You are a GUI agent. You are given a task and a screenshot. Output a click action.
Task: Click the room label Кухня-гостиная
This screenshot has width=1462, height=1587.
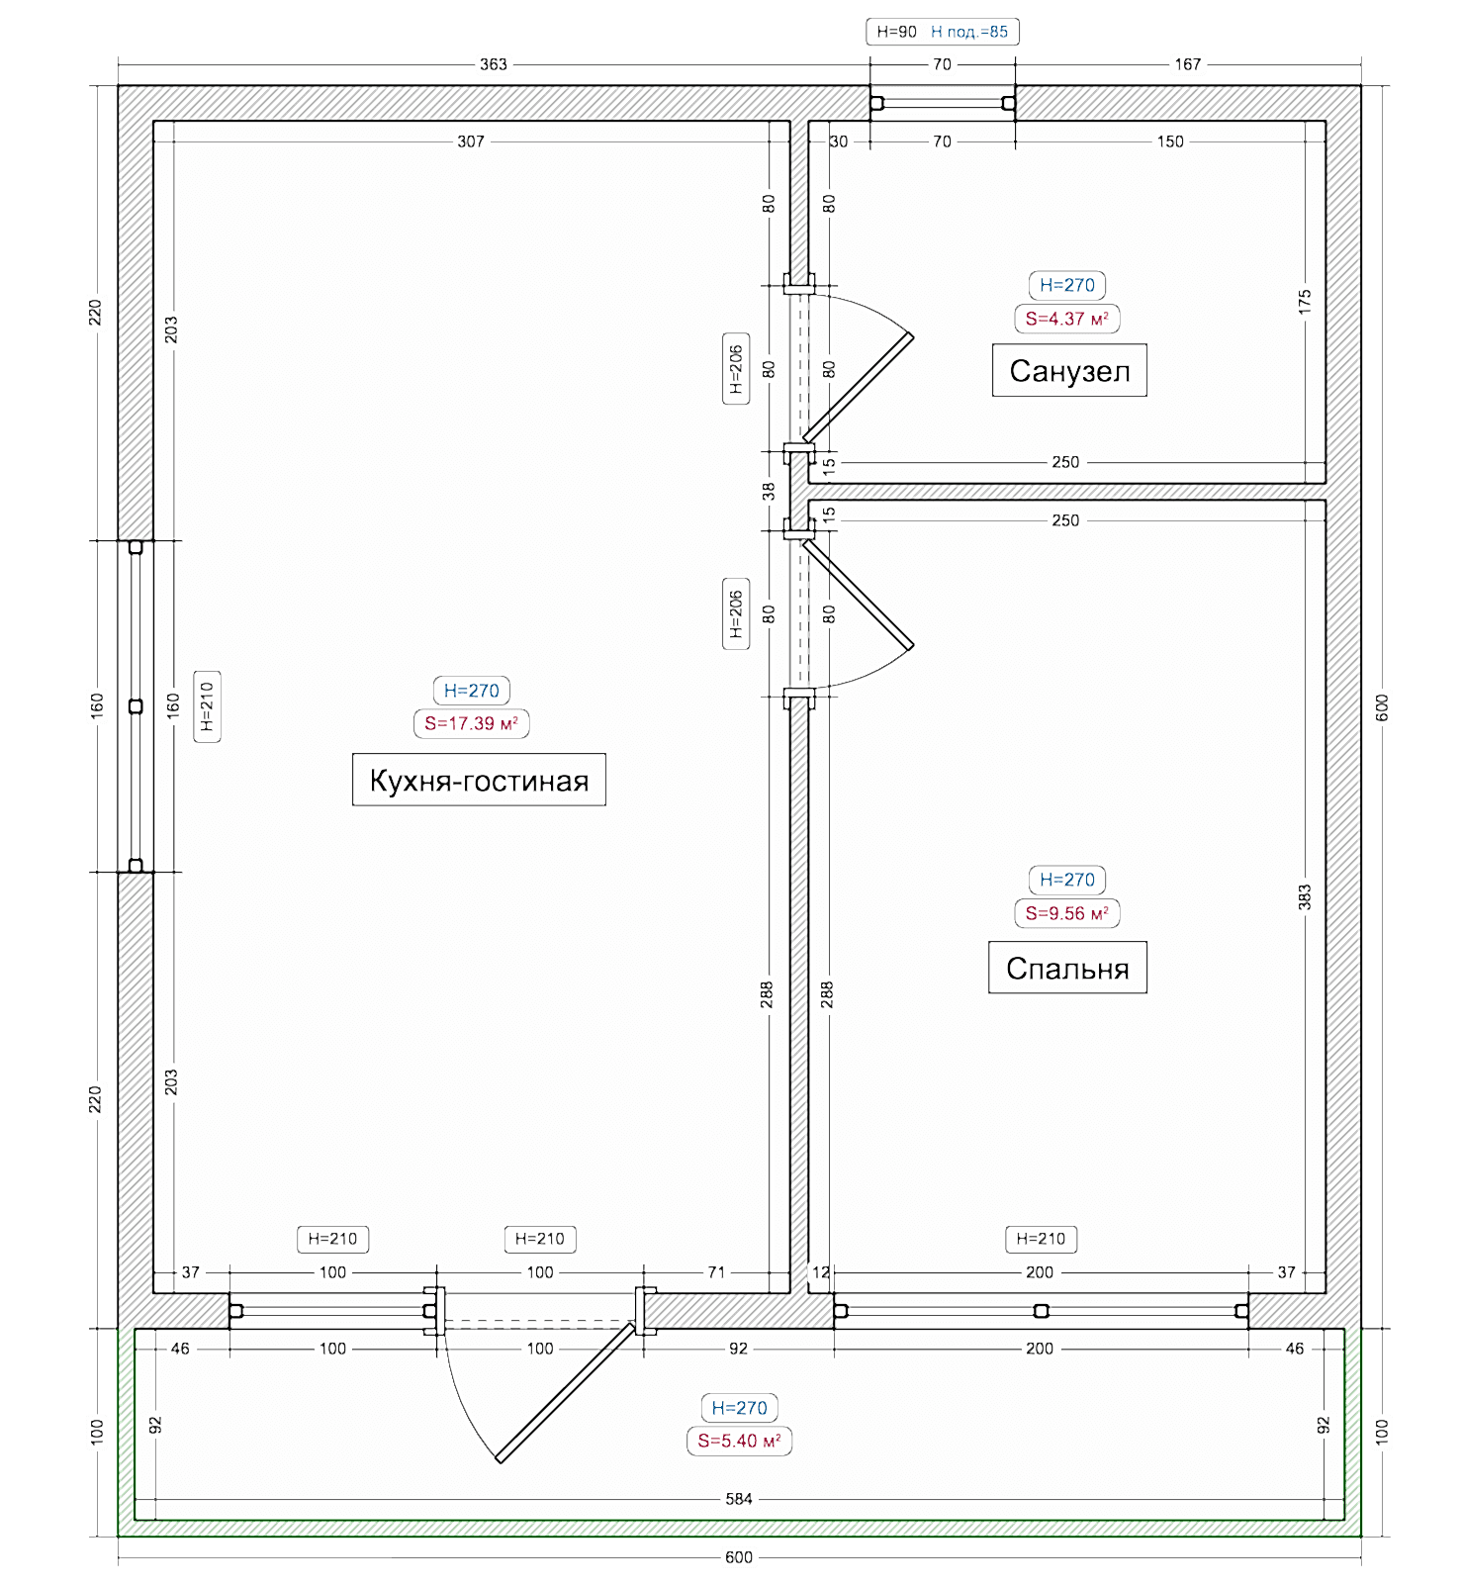point(479,780)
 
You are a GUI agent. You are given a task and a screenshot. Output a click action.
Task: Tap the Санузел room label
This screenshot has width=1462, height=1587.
point(1069,371)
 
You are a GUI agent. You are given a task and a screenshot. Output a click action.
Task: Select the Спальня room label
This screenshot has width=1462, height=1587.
point(1067,968)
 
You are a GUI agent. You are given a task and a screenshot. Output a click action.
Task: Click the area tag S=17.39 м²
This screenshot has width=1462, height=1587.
point(471,723)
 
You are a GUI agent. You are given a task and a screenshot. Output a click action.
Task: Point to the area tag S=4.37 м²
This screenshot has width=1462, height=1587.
point(1066,319)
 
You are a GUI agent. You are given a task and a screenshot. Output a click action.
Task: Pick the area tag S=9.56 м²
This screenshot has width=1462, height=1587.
point(1066,913)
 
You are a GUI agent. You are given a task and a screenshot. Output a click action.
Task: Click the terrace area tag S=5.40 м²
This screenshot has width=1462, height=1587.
point(739,1441)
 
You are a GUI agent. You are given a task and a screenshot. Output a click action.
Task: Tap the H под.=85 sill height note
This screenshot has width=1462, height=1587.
point(969,32)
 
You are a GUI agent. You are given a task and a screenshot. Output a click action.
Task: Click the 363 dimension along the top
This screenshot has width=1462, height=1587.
point(494,64)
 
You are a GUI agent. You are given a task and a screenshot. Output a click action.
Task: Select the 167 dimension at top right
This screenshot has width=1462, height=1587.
point(1188,64)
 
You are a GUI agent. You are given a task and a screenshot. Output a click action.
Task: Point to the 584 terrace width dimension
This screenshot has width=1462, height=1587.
point(739,1498)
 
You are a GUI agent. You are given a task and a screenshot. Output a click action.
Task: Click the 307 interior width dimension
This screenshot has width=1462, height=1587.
point(471,141)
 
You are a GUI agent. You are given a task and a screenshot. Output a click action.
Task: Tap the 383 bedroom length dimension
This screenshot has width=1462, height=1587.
point(1305,897)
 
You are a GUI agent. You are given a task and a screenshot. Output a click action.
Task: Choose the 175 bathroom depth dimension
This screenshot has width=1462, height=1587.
point(1305,302)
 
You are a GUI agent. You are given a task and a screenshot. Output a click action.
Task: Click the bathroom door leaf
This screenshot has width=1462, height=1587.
point(858,388)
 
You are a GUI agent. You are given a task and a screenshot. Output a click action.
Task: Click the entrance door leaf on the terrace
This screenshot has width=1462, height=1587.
point(566,1392)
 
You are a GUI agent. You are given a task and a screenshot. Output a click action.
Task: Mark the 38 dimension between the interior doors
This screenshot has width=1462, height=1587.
point(769,491)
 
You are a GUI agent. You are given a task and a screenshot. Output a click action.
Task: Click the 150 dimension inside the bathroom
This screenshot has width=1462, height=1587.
point(1170,141)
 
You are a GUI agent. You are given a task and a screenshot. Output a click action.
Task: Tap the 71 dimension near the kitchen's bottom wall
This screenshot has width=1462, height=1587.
point(716,1272)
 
